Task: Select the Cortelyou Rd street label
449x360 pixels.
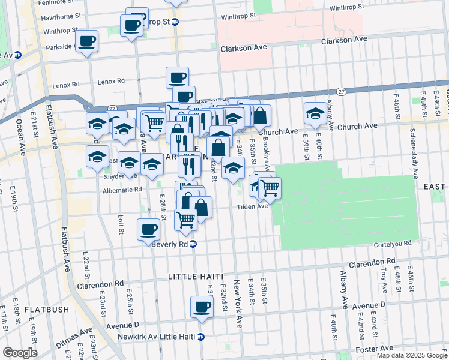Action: [x=391, y=244]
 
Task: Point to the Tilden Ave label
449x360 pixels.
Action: [x=252, y=206]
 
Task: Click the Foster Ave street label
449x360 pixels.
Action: [x=374, y=349]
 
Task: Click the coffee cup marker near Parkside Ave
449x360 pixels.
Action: [x=88, y=41]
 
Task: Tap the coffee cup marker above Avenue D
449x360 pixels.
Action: [x=202, y=307]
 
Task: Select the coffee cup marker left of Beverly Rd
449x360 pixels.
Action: [x=148, y=229]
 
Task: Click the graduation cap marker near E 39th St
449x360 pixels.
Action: [x=315, y=113]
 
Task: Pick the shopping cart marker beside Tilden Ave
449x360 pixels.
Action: [x=270, y=188]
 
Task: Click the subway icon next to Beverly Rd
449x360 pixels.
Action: [x=193, y=244]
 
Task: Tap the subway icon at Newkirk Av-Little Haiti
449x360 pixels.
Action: [x=202, y=337]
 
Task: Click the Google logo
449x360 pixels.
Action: [x=20, y=353]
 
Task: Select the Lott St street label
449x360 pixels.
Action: [x=121, y=224]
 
